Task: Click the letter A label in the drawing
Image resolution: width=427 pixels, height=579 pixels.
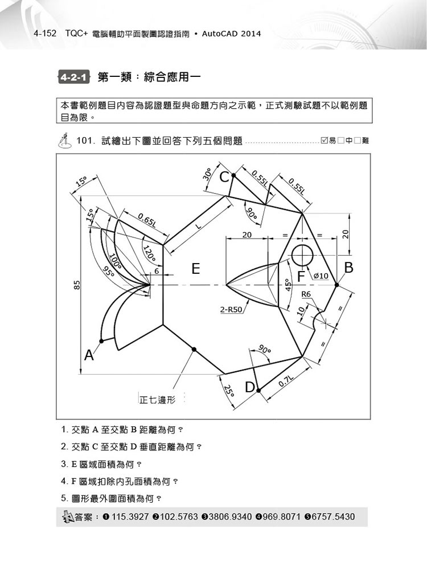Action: tap(89, 355)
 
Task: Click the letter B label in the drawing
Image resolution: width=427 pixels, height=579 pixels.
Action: tap(348, 268)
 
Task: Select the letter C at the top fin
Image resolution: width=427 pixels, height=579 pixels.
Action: tap(224, 178)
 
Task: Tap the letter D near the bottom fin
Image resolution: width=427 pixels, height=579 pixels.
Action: tap(250, 387)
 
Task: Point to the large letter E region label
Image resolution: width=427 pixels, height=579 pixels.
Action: tap(196, 269)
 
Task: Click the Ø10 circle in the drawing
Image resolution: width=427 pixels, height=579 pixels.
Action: tap(302, 256)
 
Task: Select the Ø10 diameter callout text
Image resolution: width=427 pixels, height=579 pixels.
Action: tap(321, 276)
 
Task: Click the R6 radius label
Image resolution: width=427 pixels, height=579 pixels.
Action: tap(306, 294)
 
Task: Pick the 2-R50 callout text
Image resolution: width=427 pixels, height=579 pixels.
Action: tap(231, 310)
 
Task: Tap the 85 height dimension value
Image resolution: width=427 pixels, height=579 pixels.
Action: tap(77, 285)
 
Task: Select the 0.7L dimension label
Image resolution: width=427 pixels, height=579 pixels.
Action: tap(286, 381)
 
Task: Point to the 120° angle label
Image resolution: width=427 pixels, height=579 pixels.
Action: tap(149, 254)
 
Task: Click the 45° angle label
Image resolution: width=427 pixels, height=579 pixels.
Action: tap(289, 284)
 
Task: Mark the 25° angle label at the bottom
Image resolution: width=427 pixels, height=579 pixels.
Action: tap(229, 391)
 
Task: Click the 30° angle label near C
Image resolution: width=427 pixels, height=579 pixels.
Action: tap(207, 174)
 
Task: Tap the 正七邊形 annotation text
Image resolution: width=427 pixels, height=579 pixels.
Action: tap(157, 400)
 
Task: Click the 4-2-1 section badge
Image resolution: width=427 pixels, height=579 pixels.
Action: tap(74, 77)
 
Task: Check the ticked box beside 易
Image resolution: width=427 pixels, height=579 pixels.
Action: tap(325, 141)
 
